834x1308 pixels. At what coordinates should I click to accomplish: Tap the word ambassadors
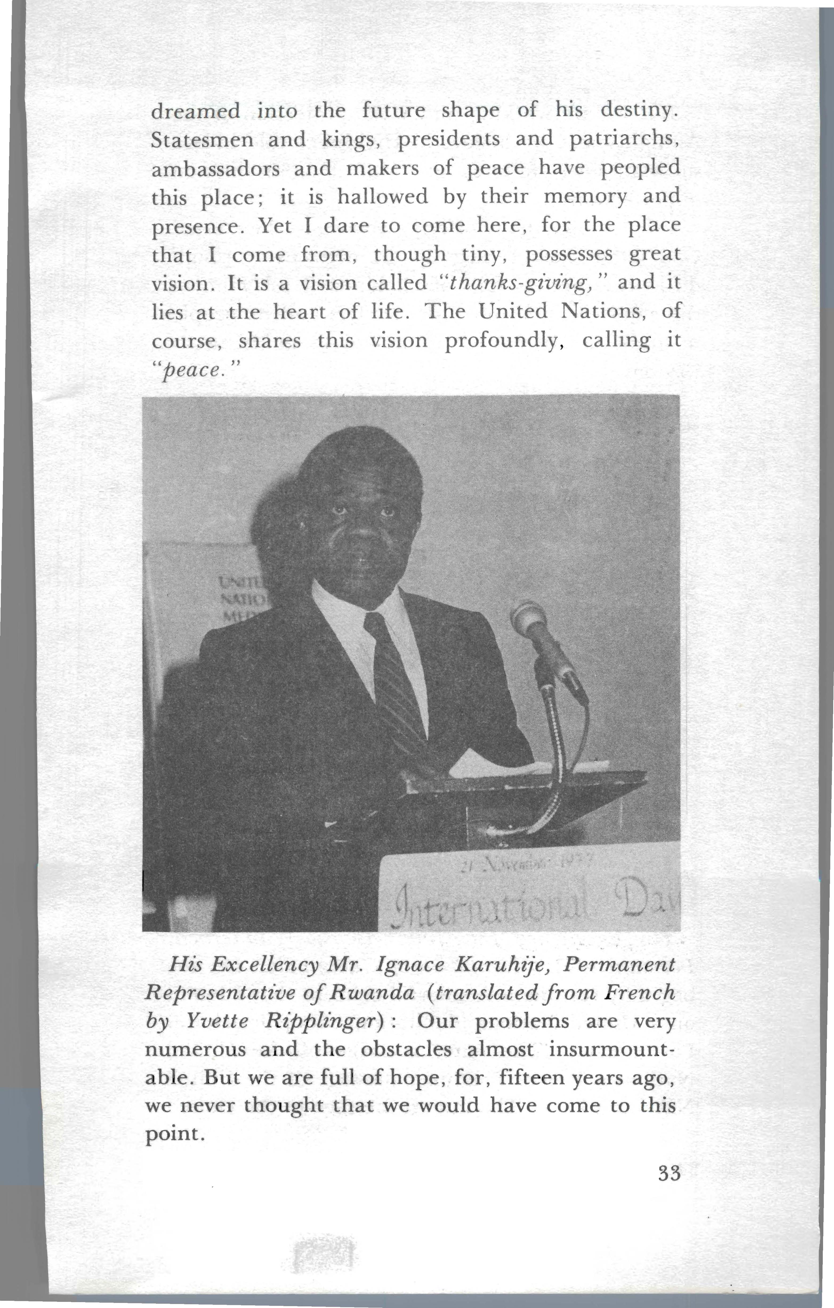pyautogui.click(x=215, y=168)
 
